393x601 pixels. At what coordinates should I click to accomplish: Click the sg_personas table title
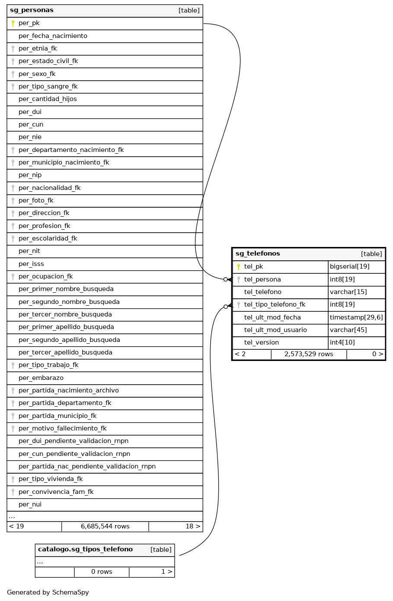click(32, 10)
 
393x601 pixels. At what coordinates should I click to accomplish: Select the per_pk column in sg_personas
click(29, 23)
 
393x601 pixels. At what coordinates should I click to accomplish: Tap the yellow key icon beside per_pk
click(13, 23)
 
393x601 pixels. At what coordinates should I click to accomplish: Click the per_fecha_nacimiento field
click(53, 36)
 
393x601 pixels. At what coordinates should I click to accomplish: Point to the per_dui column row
click(30, 112)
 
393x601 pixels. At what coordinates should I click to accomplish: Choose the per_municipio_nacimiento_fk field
click(64, 162)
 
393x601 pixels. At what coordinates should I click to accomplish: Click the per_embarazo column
click(41, 378)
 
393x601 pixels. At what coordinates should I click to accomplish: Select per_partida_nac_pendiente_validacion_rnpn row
click(87, 466)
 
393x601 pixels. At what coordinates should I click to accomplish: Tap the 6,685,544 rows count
click(105, 526)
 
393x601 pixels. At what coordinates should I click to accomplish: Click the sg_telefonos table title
click(258, 254)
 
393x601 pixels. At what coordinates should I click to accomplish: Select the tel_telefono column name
click(263, 292)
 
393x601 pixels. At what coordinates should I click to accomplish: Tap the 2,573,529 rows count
click(309, 354)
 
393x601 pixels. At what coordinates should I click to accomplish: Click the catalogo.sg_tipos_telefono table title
click(85, 550)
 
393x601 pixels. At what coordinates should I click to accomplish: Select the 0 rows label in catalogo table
click(102, 572)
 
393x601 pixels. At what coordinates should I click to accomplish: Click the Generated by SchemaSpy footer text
click(48, 592)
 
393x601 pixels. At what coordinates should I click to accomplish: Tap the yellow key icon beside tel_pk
click(239, 267)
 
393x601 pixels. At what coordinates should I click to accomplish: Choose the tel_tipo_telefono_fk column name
click(275, 304)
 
